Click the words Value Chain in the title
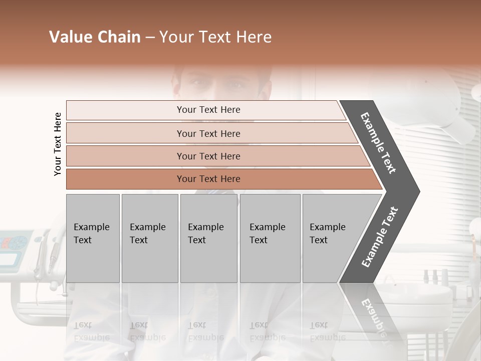coord(95,37)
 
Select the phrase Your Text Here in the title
coord(215,37)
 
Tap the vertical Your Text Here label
coord(58,144)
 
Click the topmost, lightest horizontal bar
coord(208,110)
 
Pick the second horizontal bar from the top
coord(208,133)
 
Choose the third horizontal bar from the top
coord(208,156)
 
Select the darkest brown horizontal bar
coord(208,179)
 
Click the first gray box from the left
coord(93,238)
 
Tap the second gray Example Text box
coord(149,238)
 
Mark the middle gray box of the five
coord(208,238)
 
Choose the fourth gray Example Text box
coord(270,238)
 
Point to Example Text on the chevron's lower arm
coord(380,237)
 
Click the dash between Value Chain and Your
coord(150,38)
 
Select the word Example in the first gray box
coord(91,227)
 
